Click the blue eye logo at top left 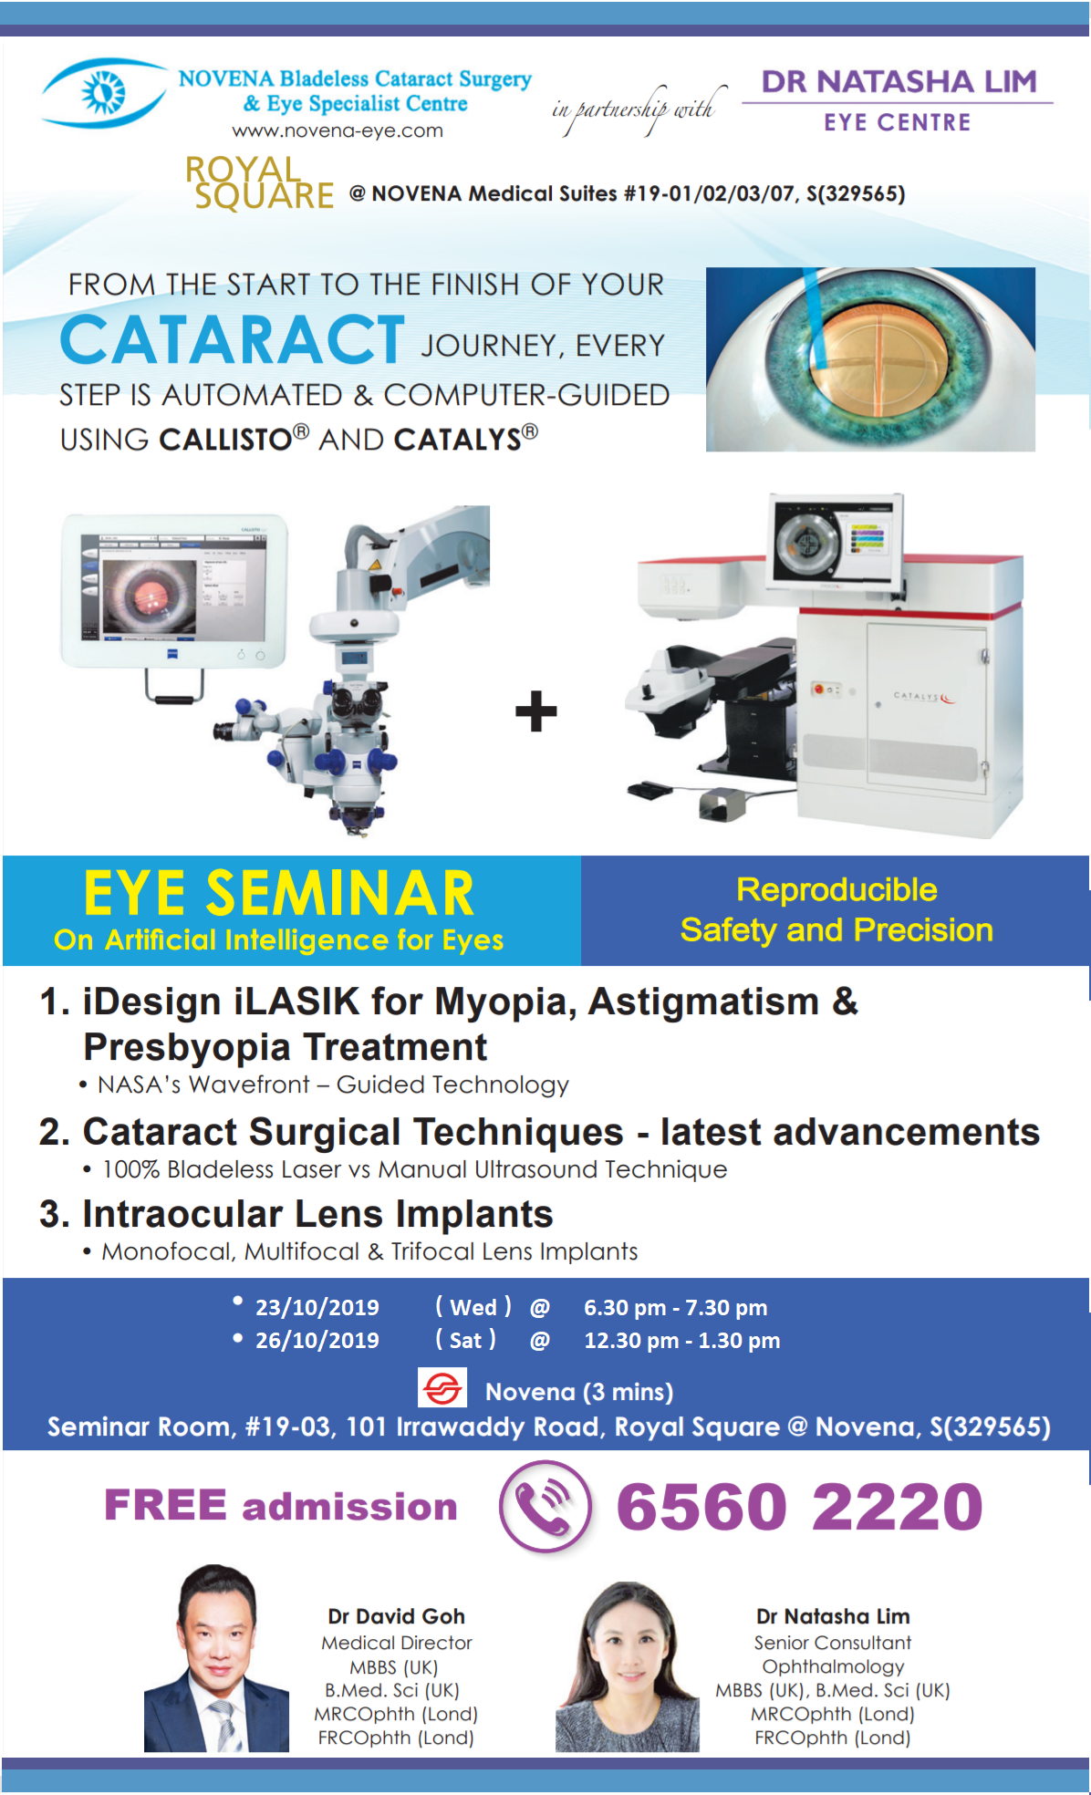pos(102,92)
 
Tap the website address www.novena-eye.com pos(338,130)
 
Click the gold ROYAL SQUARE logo pos(259,182)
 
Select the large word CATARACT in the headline pos(233,339)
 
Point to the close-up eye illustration pos(870,359)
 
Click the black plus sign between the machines pos(535,711)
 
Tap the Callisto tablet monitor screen pos(173,588)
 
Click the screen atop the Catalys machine pos(834,539)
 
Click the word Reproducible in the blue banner pos(836,889)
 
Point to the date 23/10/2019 pos(317,1307)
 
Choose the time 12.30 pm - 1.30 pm pos(681,1340)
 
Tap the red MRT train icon pos(442,1387)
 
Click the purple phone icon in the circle pos(545,1506)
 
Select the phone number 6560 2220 pos(800,1506)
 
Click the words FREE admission pos(280,1505)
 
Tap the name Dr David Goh pos(397,1616)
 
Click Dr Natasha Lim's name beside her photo pos(833,1616)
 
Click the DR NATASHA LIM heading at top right pos(899,81)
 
